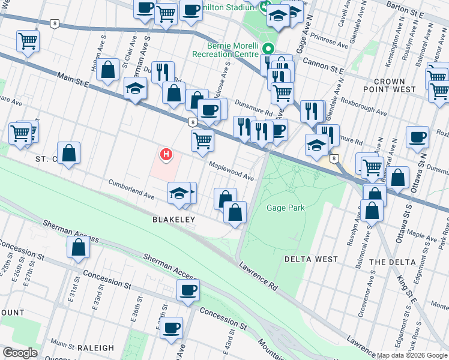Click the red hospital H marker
click(166, 155)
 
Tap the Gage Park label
click(286, 208)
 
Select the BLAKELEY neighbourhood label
click(173, 220)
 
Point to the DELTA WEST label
click(311, 259)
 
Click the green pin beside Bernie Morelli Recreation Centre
click(268, 49)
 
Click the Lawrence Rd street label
click(258, 276)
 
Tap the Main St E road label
click(73, 80)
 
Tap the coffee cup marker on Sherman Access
click(188, 291)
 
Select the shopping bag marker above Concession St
click(79, 247)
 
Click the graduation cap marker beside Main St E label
click(136, 88)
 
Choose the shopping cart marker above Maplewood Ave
click(203, 140)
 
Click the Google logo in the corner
click(20, 353)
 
